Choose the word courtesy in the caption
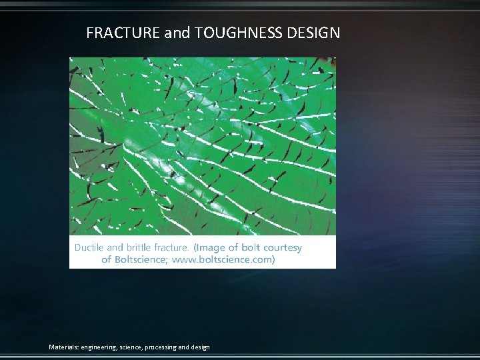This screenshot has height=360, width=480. [x=283, y=247]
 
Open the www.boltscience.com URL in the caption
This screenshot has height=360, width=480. [x=223, y=259]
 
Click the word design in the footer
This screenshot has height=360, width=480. [x=201, y=347]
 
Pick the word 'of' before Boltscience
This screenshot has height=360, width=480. [x=106, y=259]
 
